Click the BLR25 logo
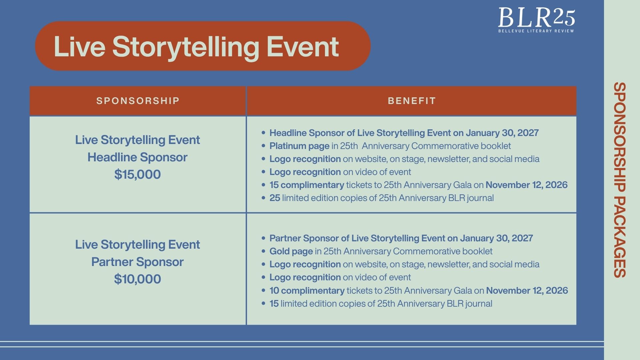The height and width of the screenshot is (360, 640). click(536, 20)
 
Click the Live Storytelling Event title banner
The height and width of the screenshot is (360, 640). click(203, 46)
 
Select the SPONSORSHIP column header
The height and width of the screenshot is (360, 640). click(138, 101)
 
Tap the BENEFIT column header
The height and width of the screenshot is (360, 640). click(412, 101)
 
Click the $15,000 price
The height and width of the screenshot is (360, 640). click(137, 174)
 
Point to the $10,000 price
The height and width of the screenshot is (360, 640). click(137, 279)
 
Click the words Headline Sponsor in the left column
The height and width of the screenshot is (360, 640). click(137, 157)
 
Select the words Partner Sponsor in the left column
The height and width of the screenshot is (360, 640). click(137, 262)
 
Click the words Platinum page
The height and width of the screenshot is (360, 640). click(299, 146)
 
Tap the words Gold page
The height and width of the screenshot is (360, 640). click(291, 251)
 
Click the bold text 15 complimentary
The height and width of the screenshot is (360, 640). click(307, 185)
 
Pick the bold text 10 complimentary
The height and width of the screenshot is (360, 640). click(307, 290)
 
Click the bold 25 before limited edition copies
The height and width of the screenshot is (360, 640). click(275, 198)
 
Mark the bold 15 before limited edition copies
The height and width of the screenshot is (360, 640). click(274, 304)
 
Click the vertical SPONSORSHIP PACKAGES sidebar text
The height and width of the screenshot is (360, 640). click(620, 180)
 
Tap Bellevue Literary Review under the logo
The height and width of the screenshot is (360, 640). click(536, 31)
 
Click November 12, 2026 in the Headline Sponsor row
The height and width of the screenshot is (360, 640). click(526, 185)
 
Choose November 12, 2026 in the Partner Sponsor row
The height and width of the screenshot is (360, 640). click(527, 290)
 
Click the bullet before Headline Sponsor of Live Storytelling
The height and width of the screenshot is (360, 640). click(263, 133)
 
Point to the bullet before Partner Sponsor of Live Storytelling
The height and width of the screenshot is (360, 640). click(263, 238)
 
